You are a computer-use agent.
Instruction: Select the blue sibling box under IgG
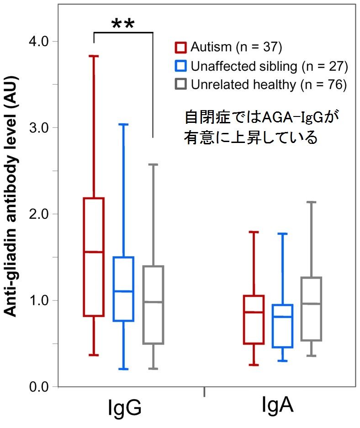[x=123, y=289]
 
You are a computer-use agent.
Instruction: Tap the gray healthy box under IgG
[x=153, y=305]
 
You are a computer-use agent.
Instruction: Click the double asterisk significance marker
[x=122, y=24]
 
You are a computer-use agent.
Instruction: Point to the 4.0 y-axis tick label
[x=39, y=42]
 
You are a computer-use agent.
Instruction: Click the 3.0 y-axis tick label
[x=39, y=127]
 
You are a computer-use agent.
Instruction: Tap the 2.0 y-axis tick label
[x=39, y=214]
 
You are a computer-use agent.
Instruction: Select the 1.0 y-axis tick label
[x=39, y=300]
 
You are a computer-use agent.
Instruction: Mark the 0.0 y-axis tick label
[x=39, y=387]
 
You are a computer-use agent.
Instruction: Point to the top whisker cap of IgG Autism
[x=93, y=56]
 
